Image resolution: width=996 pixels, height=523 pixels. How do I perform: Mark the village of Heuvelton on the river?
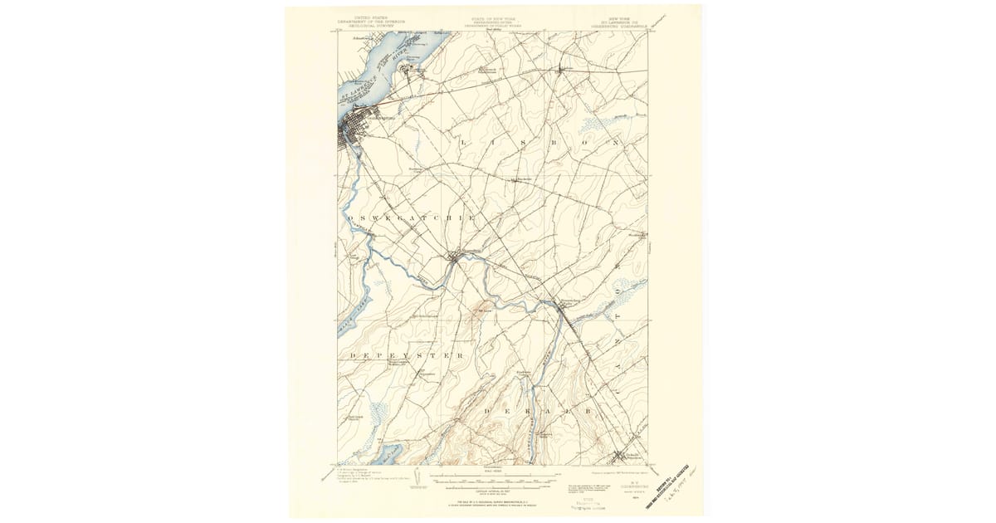pyautogui.click(x=455, y=257)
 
